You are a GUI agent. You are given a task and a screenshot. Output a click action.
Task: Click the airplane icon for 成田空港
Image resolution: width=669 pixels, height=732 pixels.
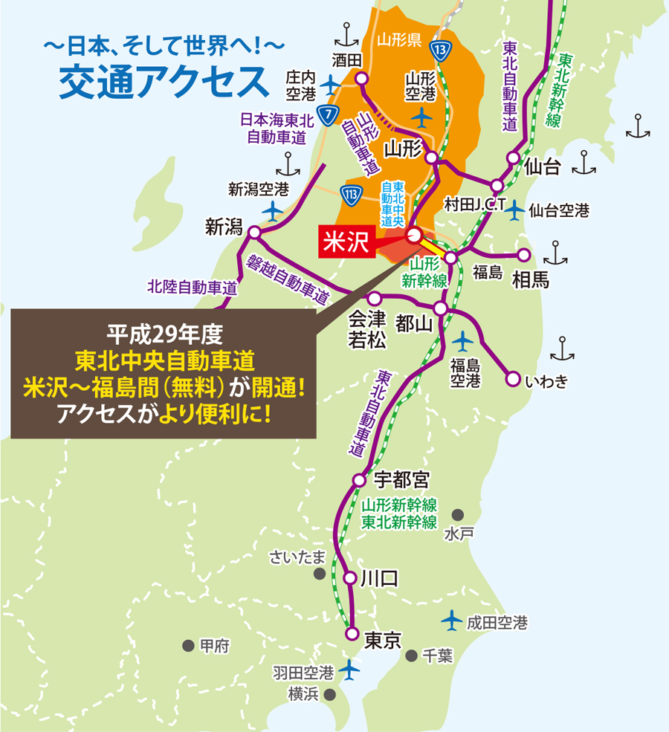tap(451, 618)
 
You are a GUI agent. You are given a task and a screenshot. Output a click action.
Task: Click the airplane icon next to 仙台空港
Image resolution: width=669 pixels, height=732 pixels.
tap(514, 210)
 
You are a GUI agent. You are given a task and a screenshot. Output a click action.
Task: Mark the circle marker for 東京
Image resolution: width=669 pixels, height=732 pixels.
tap(352, 634)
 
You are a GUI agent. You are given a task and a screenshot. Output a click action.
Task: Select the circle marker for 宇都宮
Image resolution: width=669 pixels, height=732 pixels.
tap(359, 479)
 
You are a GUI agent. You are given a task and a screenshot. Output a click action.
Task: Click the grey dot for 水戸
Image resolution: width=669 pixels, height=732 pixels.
tap(458, 514)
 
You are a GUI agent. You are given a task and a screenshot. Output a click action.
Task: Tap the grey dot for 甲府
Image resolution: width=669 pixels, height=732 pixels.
tap(188, 645)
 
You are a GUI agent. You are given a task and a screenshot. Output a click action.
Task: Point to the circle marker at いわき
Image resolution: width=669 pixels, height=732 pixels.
tap(512, 380)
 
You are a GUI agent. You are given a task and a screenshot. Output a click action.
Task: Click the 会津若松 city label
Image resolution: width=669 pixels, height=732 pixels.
tap(368, 329)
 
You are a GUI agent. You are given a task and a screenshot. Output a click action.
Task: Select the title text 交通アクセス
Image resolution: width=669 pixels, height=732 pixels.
tap(164, 82)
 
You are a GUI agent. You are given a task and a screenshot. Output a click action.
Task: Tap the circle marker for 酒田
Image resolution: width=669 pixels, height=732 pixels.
tap(361, 79)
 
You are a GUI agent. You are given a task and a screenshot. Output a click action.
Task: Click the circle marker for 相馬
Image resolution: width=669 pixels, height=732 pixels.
tap(524, 255)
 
